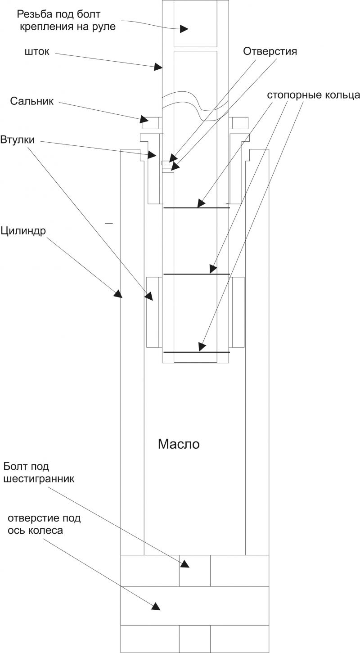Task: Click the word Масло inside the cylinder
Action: click(x=179, y=445)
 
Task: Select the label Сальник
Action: click(x=32, y=101)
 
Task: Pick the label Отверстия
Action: click(x=270, y=51)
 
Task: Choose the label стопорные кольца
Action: click(x=313, y=95)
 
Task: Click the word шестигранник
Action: click(x=39, y=478)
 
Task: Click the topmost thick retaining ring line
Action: click(x=196, y=207)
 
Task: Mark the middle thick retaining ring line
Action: click(x=196, y=274)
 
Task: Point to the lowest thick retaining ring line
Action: click(x=196, y=351)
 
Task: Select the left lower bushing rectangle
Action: click(x=153, y=312)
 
